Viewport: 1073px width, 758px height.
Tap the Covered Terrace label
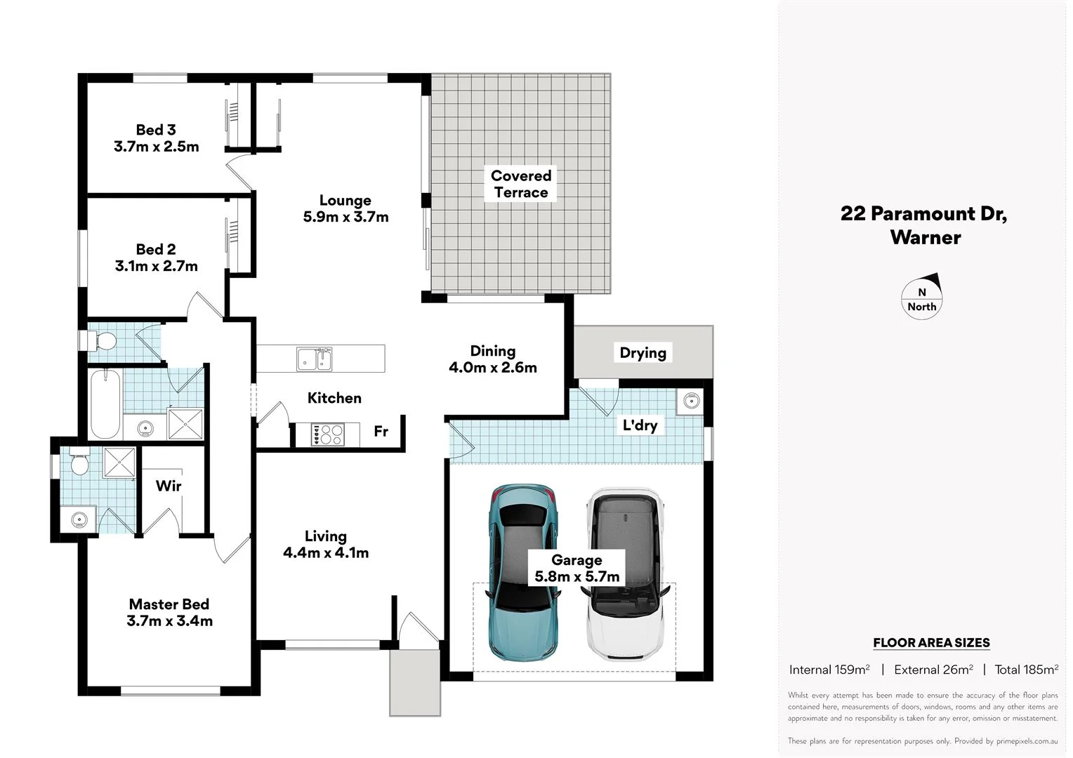tap(520, 184)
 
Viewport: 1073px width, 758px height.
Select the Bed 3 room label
tap(156, 130)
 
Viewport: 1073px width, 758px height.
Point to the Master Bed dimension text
tap(169, 621)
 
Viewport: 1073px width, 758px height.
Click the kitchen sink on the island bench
tap(314, 359)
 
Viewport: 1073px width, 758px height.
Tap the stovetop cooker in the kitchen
tap(327, 434)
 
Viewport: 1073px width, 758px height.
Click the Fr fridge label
tap(381, 432)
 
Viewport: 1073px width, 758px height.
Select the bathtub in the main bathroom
tap(105, 404)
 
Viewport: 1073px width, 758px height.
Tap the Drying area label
tap(643, 353)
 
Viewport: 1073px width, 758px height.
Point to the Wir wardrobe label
tap(169, 486)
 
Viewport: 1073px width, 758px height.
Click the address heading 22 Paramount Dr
tap(923, 213)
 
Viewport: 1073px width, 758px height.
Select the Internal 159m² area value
tap(829, 670)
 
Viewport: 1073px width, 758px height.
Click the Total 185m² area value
tap(1026, 670)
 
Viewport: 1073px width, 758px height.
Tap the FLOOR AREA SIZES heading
tap(931, 642)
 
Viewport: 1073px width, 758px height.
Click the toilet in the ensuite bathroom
tap(79, 463)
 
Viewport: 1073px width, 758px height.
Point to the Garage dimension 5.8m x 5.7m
tap(577, 577)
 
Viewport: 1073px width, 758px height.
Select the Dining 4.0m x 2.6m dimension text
tap(492, 367)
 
